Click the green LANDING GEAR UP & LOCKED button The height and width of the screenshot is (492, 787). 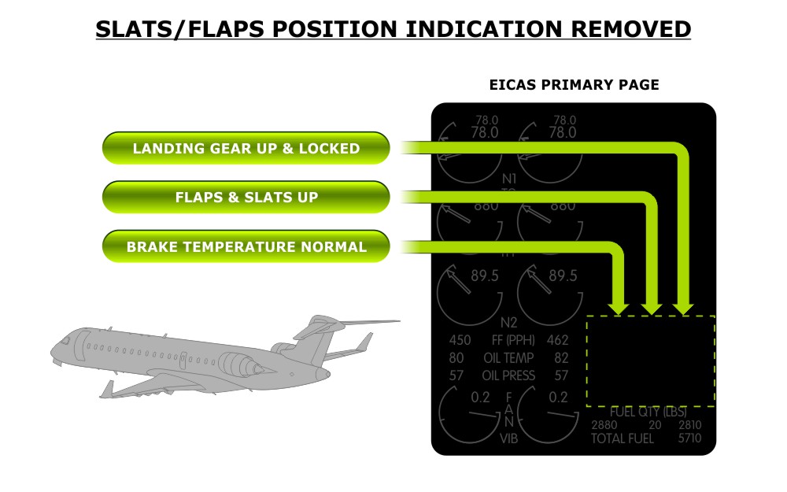pyautogui.click(x=246, y=148)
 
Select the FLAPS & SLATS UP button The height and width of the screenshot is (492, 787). pyautogui.click(x=246, y=197)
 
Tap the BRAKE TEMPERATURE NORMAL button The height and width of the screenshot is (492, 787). pyautogui.click(x=246, y=246)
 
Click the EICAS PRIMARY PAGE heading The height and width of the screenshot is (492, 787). pyautogui.click(x=574, y=85)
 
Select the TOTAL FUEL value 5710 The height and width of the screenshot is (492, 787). pyautogui.click(x=689, y=439)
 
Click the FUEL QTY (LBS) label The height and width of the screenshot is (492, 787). pyautogui.click(x=648, y=412)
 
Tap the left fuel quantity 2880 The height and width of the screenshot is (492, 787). pyautogui.click(x=604, y=426)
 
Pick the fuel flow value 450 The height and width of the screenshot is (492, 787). pyautogui.click(x=460, y=341)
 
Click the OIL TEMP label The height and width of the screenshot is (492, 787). pyautogui.click(x=508, y=358)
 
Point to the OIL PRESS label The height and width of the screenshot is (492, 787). pyautogui.click(x=508, y=375)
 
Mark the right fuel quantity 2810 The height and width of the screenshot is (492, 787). pyautogui.click(x=689, y=426)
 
